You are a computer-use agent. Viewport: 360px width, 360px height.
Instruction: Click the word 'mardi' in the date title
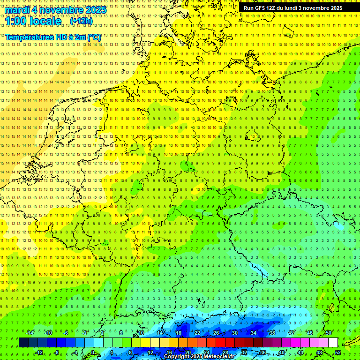17,9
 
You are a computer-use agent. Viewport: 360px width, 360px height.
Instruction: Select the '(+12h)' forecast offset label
81,21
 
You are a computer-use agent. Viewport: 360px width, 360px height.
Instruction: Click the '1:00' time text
16,21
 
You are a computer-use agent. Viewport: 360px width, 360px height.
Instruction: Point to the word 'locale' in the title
46,21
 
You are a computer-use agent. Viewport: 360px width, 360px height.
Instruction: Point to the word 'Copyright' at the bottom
177,357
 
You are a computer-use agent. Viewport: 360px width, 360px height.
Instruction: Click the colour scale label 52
338,352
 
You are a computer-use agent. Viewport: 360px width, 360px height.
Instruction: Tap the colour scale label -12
39,352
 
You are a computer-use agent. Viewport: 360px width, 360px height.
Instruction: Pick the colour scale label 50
329,333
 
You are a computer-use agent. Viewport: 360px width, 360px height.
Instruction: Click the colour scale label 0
92,352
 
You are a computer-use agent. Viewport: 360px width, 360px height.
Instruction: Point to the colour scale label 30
234,333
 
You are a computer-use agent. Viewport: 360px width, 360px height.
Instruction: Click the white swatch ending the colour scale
333,343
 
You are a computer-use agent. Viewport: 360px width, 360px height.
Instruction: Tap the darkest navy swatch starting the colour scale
23,343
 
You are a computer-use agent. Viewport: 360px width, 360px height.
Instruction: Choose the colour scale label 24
206,352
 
